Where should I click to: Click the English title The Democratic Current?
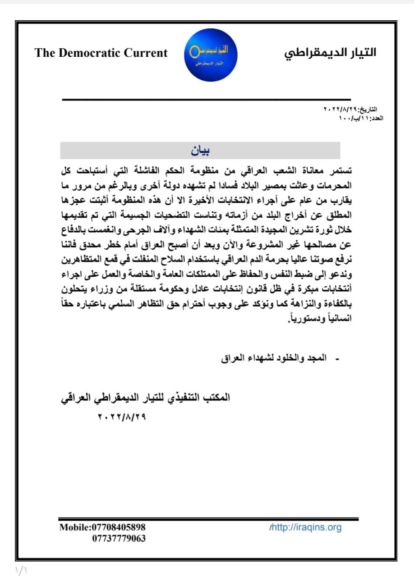(101, 53)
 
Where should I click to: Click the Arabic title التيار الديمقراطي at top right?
(330, 53)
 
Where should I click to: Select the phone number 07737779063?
(119, 538)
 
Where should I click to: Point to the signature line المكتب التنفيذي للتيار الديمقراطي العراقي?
(146, 398)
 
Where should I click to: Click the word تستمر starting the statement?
(342, 172)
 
